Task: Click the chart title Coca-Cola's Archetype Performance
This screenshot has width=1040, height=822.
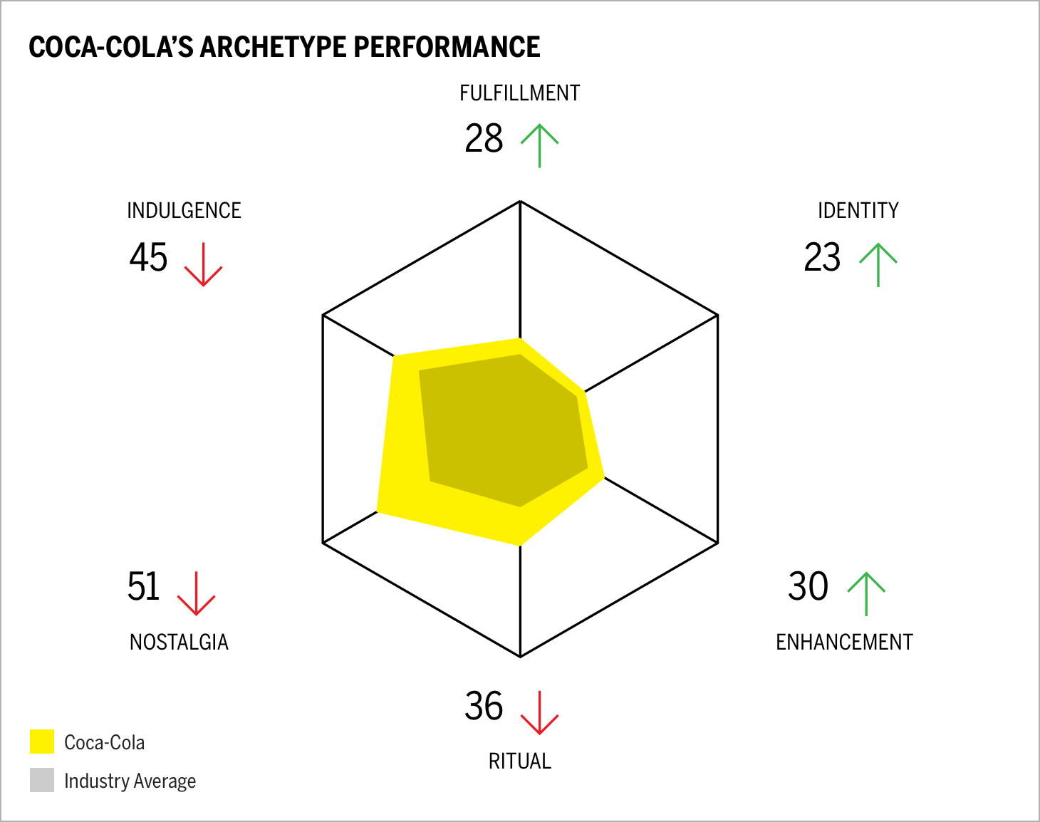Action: click(x=284, y=47)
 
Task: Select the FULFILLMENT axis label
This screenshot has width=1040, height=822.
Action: click(x=519, y=93)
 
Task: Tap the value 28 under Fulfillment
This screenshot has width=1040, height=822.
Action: click(x=484, y=138)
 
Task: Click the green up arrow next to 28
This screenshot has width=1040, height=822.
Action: click(x=539, y=145)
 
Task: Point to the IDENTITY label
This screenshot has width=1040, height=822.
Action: click(x=858, y=211)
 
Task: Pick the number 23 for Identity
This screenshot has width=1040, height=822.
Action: click(x=822, y=257)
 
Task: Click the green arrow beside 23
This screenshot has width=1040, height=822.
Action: click(x=878, y=264)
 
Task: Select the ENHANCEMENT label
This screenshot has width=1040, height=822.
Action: click(x=844, y=642)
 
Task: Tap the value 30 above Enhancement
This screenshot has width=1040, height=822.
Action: click(x=808, y=586)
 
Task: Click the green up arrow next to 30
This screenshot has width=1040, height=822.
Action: click(x=865, y=593)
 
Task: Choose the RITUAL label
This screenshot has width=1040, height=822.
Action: click(x=519, y=761)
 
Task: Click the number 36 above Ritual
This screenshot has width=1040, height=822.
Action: click(x=484, y=706)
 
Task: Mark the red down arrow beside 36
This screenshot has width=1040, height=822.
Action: click(x=539, y=712)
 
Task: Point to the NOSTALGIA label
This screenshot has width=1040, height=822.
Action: click(x=179, y=642)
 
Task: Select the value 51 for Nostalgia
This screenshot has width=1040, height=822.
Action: click(x=143, y=586)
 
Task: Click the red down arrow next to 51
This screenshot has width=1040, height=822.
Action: click(x=196, y=593)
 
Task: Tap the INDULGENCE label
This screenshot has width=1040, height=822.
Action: click(x=184, y=211)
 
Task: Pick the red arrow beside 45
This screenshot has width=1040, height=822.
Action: click(x=203, y=264)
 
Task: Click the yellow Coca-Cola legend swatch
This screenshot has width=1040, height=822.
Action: click(x=42, y=742)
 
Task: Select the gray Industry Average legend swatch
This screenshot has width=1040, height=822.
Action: click(x=42, y=780)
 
